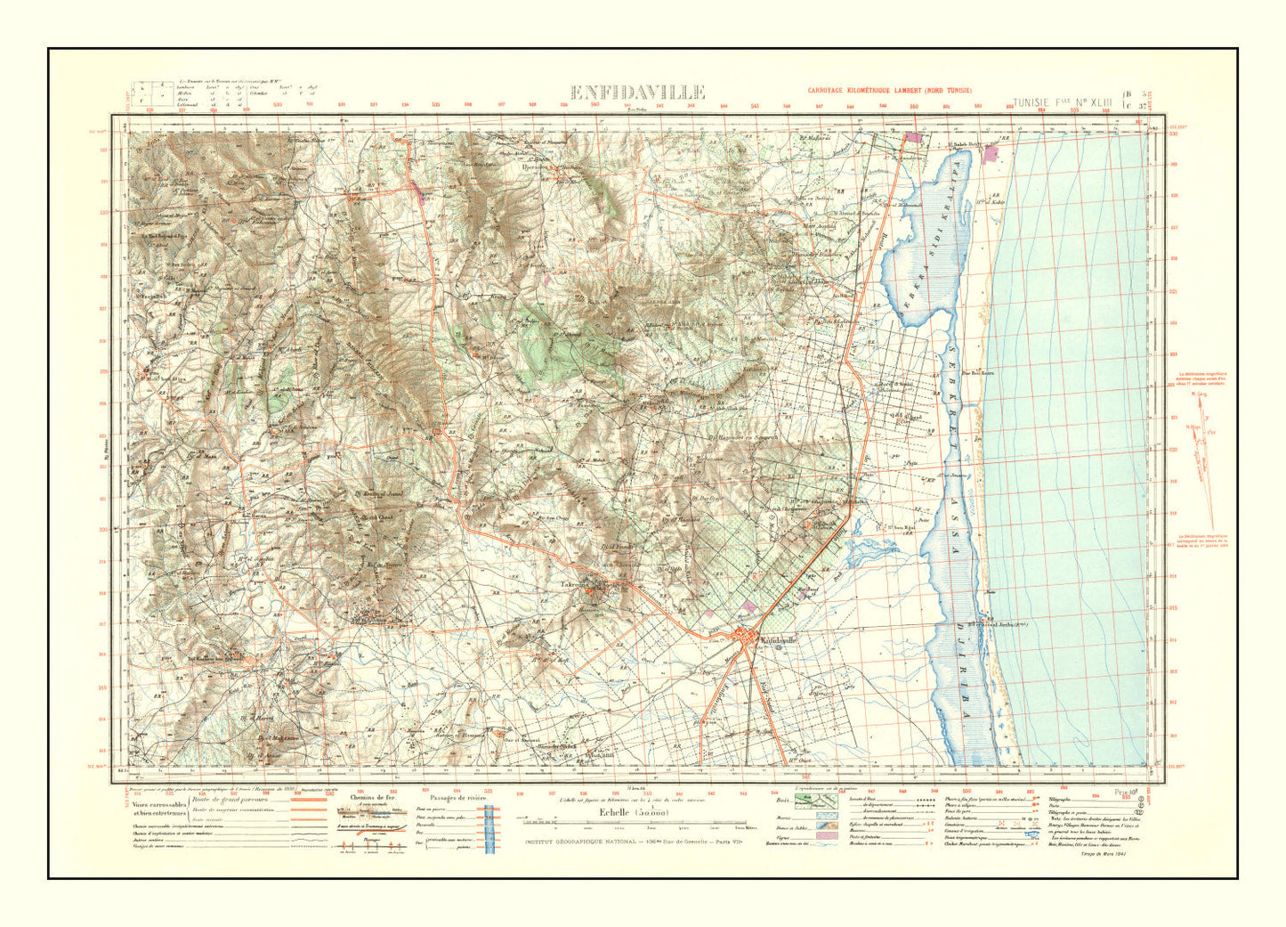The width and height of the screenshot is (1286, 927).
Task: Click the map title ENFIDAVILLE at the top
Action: (637, 93)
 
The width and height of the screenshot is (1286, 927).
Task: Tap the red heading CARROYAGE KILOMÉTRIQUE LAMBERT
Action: (890, 91)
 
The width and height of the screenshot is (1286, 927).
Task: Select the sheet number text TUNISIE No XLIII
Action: (1063, 103)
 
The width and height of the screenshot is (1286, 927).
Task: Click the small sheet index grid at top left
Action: (160, 95)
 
